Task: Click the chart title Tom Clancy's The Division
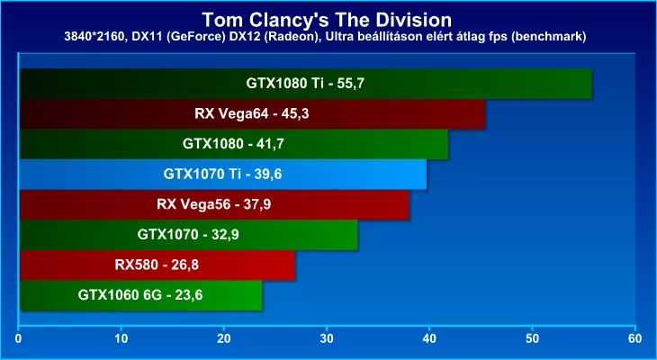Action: coord(327,20)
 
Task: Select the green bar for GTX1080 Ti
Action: coord(306,84)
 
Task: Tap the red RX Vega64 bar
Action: coord(252,114)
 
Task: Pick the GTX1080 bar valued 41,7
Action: coord(234,144)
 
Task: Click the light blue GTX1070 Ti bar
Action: coord(223,175)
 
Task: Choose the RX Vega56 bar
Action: coord(214,204)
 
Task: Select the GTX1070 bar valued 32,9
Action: coord(189,235)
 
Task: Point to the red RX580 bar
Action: coord(157,265)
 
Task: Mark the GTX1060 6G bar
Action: coord(140,295)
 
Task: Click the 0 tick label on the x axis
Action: coord(18,339)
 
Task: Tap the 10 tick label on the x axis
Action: coord(121,339)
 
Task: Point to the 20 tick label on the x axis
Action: coord(224,339)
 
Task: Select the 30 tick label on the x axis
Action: coord(327,339)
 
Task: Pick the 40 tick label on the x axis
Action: coord(429,339)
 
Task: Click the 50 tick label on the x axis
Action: coord(532,339)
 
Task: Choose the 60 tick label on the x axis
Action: coord(635,339)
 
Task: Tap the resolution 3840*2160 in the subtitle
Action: coord(92,37)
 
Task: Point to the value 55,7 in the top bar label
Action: coord(351,84)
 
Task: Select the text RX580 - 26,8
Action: coord(157,265)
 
